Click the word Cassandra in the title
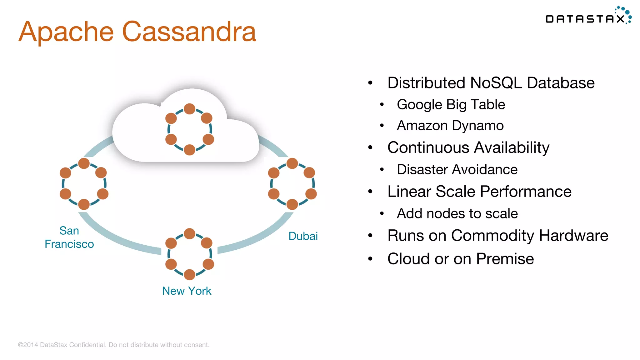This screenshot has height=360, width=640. (189, 32)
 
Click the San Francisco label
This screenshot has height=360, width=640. (69, 237)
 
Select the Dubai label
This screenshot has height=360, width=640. (303, 236)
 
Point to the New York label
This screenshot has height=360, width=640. (187, 291)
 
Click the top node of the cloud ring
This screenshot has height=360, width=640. (189, 109)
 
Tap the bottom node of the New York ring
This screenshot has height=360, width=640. (189, 275)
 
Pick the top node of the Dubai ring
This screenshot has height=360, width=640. (292, 163)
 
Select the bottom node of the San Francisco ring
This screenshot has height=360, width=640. (84, 205)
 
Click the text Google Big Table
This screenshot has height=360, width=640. (451, 105)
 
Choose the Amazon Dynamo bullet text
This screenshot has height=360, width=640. (450, 126)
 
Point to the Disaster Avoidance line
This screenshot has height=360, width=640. (457, 170)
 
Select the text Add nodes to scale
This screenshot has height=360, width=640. (457, 214)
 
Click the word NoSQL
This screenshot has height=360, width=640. (496, 83)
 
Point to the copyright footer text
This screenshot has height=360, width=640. (113, 345)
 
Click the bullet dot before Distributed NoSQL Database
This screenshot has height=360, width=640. (370, 83)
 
